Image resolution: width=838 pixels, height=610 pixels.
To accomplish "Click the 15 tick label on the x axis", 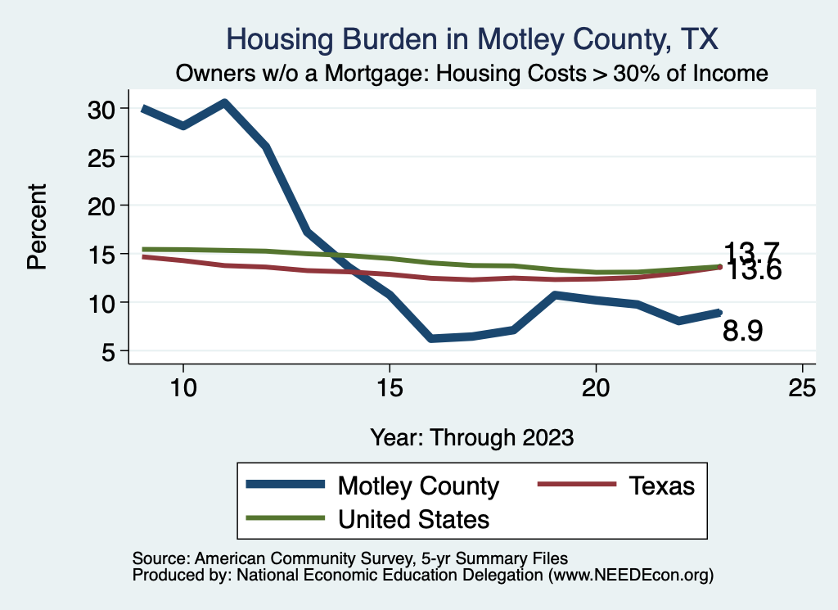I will click(x=390, y=387).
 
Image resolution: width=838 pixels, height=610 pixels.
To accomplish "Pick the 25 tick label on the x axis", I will click(x=802, y=387).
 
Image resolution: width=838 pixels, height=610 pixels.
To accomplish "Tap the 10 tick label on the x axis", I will click(x=183, y=387).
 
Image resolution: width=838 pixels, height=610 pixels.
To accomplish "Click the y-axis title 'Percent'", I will click(x=36, y=226).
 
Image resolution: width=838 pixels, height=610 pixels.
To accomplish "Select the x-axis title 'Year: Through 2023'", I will click(x=471, y=436).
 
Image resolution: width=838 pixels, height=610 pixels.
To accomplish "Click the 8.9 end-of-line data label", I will click(x=743, y=331).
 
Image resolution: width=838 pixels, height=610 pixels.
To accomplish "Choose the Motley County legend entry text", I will click(x=418, y=486).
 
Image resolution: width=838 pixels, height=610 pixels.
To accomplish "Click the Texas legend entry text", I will click(x=661, y=486).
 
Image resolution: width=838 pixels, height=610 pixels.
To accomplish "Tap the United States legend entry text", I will click(x=413, y=518).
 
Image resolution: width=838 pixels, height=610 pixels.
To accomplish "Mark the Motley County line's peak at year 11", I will click(x=224, y=102).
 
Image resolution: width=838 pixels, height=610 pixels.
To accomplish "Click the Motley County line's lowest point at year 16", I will click(x=431, y=338).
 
